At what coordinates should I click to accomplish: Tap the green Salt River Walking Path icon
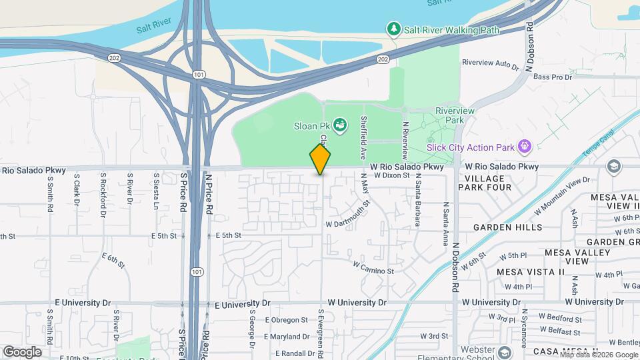click(x=393, y=29)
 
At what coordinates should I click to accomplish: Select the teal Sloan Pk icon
click(x=340, y=125)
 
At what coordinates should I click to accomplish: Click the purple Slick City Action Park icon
click(x=525, y=145)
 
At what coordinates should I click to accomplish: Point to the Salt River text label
click(x=154, y=29)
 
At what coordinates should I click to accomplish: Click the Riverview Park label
click(x=449, y=115)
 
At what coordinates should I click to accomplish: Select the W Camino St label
click(x=373, y=267)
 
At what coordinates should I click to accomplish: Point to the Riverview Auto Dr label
click(x=490, y=63)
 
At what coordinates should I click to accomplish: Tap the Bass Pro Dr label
click(x=553, y=77)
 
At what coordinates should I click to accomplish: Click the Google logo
click(x=23, y=351)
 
